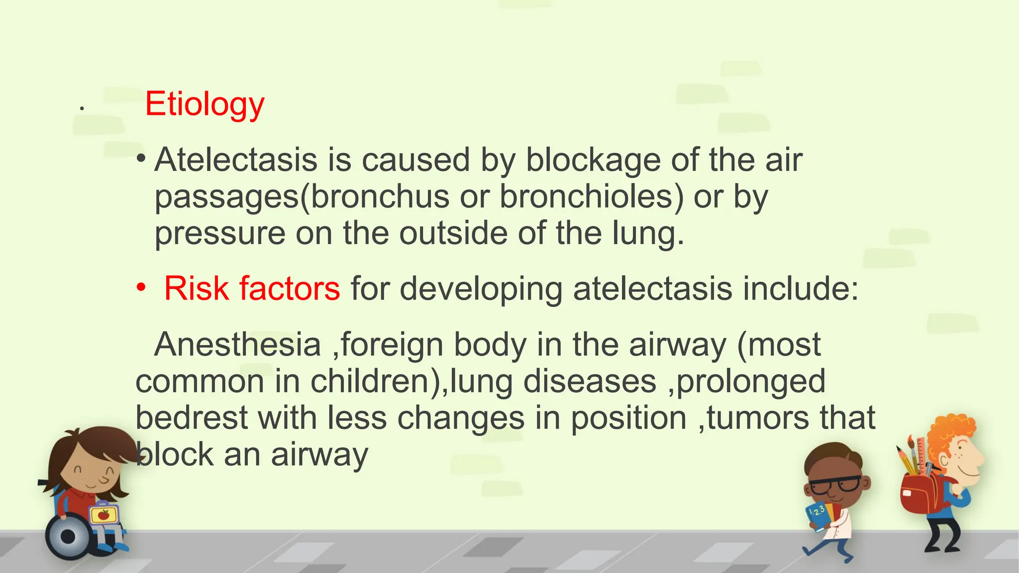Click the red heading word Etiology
click(204, 104)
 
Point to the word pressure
click(220, 234)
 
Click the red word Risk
click(196, 288)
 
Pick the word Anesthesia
click(237, 344)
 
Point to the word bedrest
click(191, 418)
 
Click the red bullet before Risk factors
click(142, 287)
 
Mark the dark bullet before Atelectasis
click(142, 159)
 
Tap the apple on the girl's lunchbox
click(103, 514)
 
